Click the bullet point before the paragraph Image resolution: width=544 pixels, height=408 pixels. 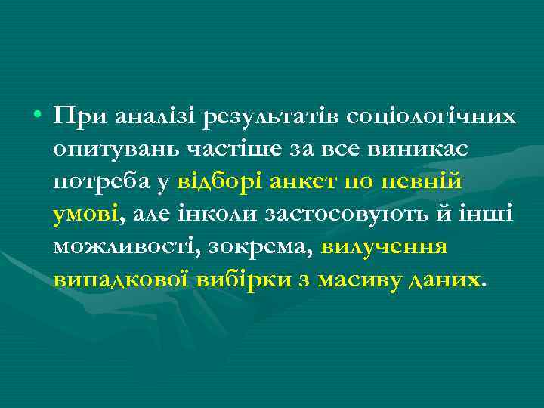pyautogui.click(x=36, y=117)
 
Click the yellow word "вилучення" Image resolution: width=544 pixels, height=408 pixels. pyautogui.click(x=385, y=247)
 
